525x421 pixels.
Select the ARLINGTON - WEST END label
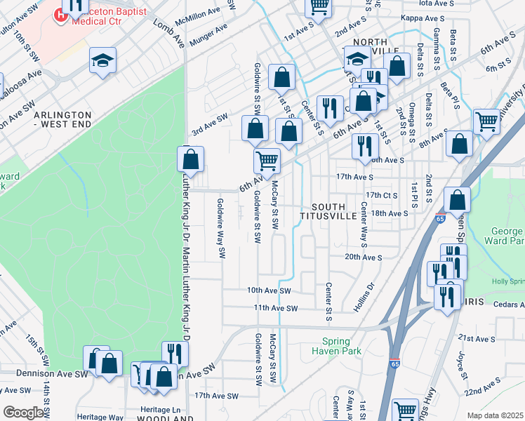tap(62, 119)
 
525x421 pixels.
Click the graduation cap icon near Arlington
tap(102, 62)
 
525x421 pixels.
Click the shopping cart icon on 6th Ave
tap(267, 161)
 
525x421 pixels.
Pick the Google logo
tap(24, 413)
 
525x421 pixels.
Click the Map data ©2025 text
tap(495, 415)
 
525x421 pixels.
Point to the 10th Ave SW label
tap(268, 290)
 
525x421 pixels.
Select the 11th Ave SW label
tap(276, 308)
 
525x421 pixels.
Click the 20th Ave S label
tap(363, 258)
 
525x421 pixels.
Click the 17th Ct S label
tap(382, 195)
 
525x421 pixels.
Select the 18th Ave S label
tap(390, 213)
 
